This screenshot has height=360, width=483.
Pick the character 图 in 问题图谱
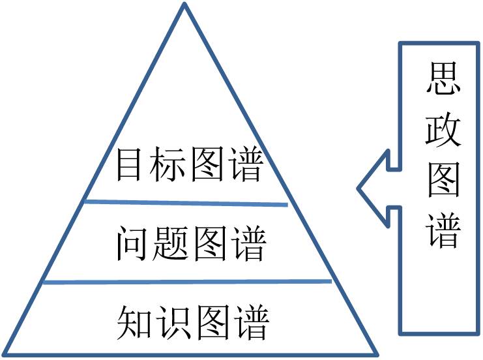tap(209, 243)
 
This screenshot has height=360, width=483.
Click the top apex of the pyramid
tap(185, 5)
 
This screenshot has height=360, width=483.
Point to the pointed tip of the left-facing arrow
tap(358, 189)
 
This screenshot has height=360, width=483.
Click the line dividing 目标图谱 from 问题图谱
tap(186, 203)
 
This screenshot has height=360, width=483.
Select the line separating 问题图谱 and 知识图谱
tap(186, 282)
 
